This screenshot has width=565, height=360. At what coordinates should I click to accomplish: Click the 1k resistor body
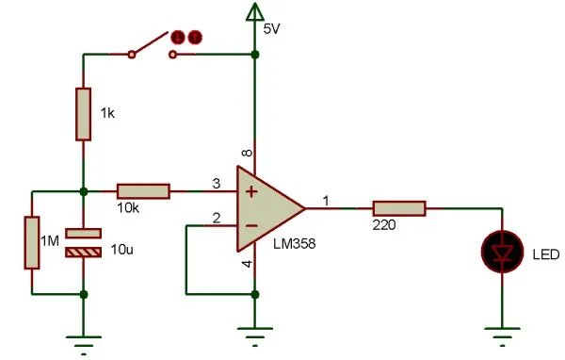[x=83, y=114]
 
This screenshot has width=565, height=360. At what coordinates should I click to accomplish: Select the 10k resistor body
[x=143, y=191]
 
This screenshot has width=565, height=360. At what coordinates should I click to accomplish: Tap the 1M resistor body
[x=32, y=242]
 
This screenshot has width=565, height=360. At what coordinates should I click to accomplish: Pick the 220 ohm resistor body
[x=399, y=208]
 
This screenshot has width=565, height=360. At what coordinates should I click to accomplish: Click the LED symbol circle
[x=502, y=252]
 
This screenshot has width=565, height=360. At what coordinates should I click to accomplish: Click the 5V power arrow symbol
[x=255, y=11]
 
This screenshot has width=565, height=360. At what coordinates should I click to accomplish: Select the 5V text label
[x=272, y=29]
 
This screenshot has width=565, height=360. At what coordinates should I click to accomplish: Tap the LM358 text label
[x=295, y=244]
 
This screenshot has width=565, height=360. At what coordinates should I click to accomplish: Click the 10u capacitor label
[x=121, y=249]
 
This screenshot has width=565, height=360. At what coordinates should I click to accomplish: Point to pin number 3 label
[x=217, y=184]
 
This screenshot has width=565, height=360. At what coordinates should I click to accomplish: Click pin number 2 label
[x=217, y=218]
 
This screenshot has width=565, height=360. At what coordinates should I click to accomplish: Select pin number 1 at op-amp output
[x=326, y=201]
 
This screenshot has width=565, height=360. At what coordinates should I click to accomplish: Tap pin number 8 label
[x=247, y=153]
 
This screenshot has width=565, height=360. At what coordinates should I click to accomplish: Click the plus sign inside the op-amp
[x=251, y=191]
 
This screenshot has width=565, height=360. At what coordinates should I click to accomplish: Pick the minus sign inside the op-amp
[x=251, y=226]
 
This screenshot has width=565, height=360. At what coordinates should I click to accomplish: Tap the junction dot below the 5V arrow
[x=255, y=55]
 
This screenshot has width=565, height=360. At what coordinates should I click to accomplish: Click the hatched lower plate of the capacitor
[x=83, y=253]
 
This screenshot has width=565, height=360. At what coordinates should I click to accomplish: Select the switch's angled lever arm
[x=151, y=42]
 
